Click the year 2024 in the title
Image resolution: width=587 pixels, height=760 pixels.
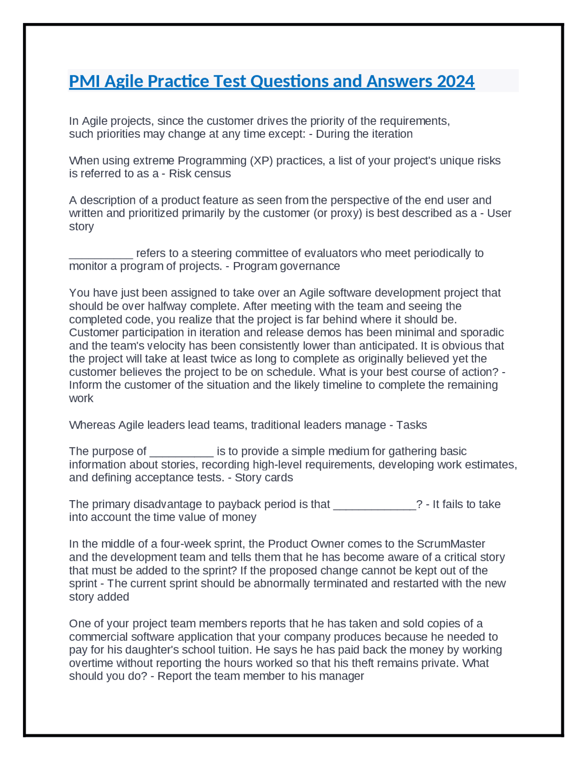(455, 81)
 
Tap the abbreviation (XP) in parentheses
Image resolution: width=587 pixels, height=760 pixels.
(261, 161)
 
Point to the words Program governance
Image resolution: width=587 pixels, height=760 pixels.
(286, 266)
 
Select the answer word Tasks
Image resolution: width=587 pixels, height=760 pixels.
(411, 425)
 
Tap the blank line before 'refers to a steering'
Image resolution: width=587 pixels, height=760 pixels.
(101, 253)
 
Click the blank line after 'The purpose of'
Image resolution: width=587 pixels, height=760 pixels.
(182, 452)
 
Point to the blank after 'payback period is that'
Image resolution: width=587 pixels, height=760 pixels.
(374, 504)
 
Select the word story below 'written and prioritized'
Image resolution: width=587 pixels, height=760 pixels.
(81, 227)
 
